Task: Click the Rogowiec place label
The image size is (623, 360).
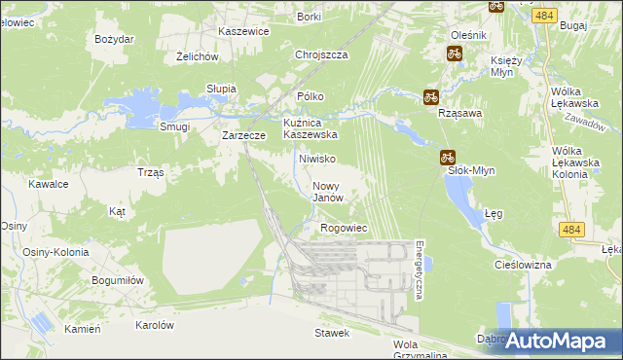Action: [x=343, y=228]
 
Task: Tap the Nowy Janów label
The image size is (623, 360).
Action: [x=328, y=192]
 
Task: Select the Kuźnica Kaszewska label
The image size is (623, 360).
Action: [x=310, y=128]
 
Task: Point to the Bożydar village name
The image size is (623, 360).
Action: [x=114, y=39]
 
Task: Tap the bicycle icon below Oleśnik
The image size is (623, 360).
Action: [x=454, y=54]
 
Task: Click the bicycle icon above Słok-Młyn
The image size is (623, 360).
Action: [x=447, y=156]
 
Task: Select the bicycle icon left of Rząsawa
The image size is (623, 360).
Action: [x=430, y=96]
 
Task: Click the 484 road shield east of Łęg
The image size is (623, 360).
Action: [x=572, y=229]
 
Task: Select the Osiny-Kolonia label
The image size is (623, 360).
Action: [x=55, y=252]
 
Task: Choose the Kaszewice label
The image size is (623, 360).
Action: [x=243, y=31]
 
